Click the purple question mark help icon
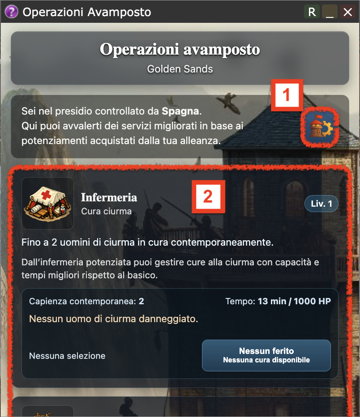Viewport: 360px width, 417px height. (x=12, y=12)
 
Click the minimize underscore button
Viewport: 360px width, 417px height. (x=330, y=12)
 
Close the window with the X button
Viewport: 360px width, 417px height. (x=347, y=12)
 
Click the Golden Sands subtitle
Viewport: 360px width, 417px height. (x=180, y=69)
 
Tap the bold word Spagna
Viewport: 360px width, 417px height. (x=180, y=111)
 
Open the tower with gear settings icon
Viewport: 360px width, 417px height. (x=320, y=127)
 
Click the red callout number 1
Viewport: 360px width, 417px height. (x=287, y=95)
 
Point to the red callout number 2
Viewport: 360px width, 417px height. (x=208, y=196)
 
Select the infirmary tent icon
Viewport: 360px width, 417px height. (x=47, y=204)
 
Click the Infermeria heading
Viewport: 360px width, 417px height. (x=109, y=197)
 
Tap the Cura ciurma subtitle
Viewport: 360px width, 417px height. (x=106, y=212)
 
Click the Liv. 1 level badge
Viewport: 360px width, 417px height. (x=321, y=204)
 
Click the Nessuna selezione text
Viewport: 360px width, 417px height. (x=67, y=356)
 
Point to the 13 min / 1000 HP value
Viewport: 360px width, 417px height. (x=294, y=301)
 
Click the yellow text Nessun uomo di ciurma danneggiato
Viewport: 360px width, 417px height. (x=114, y=319)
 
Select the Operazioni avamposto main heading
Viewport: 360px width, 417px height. (x=180, y=50)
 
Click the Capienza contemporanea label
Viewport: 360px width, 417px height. (x=82, y=301)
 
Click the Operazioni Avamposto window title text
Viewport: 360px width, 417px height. (x=87, y=12)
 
